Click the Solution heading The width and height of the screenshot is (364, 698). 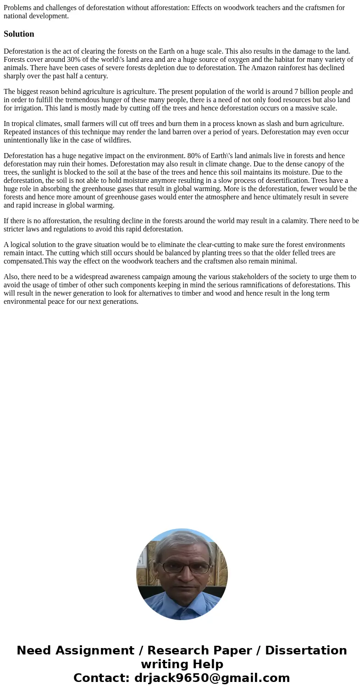[19, 34]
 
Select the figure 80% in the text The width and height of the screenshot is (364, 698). [195, 156]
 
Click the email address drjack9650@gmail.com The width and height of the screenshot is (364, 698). [212, 678]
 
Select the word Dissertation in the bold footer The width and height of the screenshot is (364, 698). [306, 650]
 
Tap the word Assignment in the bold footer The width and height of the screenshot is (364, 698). [95, 650]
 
